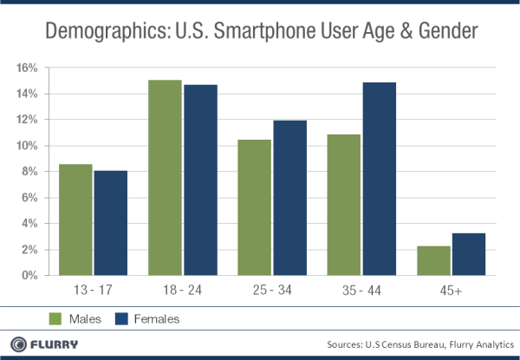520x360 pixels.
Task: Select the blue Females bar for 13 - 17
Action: tap(111, 223)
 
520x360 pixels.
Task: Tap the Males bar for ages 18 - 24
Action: tap(165, 178)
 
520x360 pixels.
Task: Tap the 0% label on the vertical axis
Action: tap(29, 276)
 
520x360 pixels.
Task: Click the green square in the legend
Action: tap(55, 318)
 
